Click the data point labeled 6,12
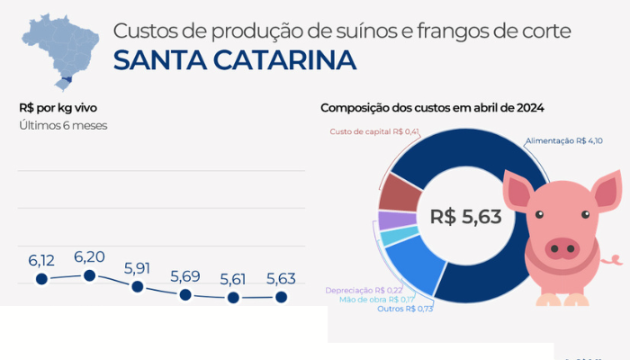click(x=41, y=279)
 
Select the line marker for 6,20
click(x=89, y=274)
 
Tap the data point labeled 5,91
click(x=137, y=286)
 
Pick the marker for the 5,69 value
click(x=185, y=294)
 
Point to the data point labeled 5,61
click(x=233, y=297)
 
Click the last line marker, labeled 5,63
click(x=281, y=296)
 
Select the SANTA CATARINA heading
click(x=234, y=60)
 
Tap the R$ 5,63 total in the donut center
click(x=465, y=216)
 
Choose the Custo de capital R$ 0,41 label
click(x=375, y=132)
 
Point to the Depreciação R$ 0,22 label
click(x=364, y=290)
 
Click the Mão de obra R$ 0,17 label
click(x=377, y=299)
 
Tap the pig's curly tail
click(x=612, y=259)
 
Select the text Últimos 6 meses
click(x=63, y=125)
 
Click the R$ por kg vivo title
click(x=59, y=107)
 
